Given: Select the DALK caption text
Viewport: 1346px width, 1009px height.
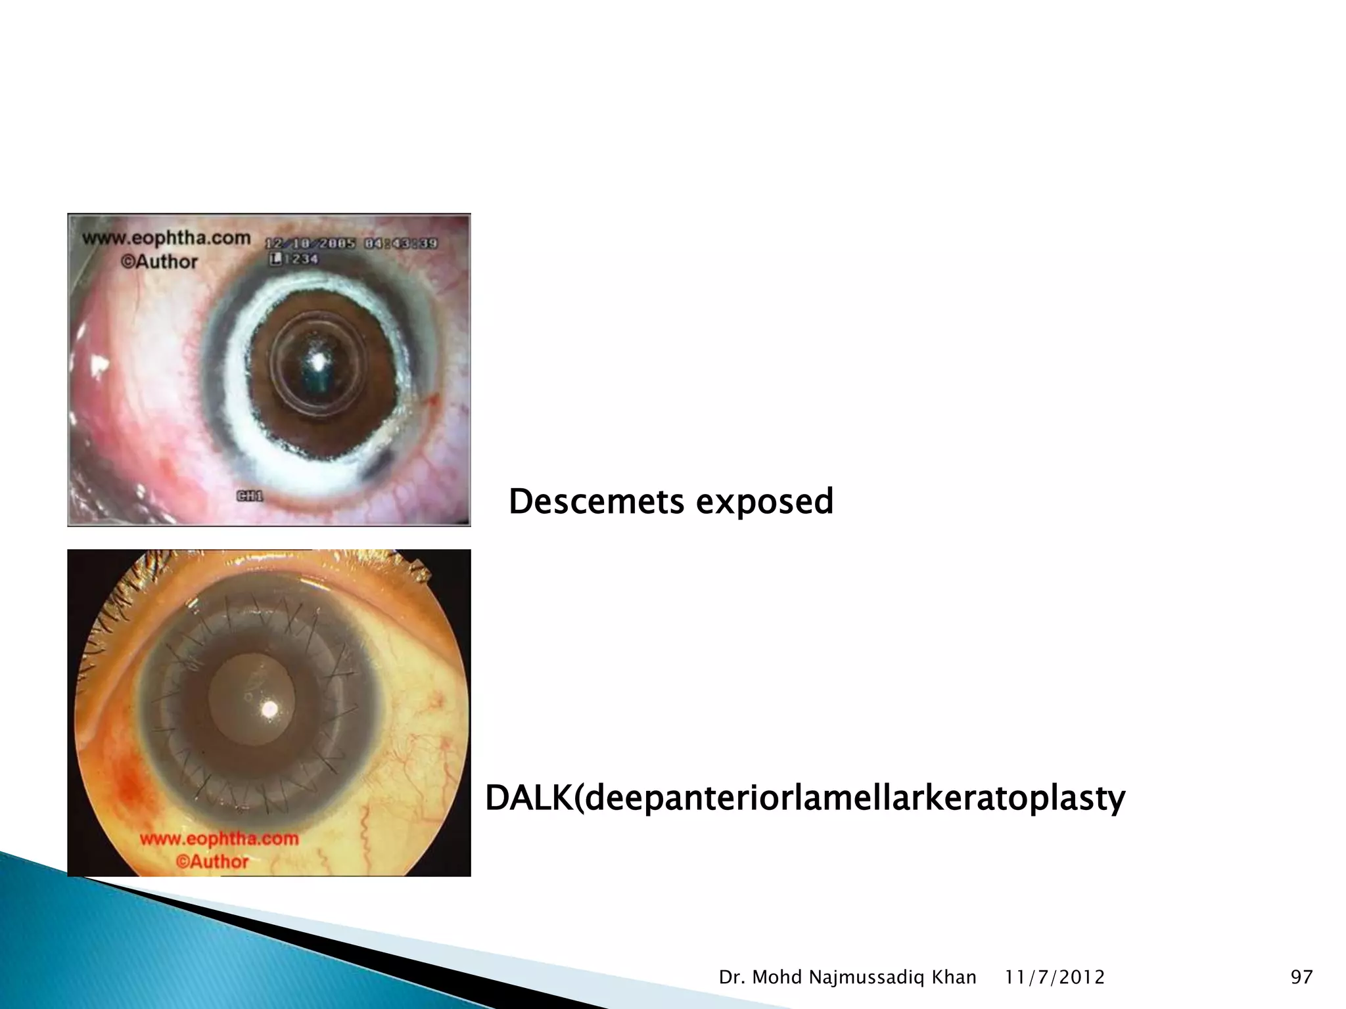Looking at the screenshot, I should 804,799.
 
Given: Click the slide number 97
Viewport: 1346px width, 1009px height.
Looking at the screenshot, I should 1301,977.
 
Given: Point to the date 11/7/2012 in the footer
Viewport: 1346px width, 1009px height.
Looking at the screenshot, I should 1055,977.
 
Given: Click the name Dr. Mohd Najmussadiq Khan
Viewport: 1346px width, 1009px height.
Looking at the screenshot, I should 847,977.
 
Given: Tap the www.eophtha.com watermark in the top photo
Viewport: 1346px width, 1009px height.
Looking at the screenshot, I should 166,238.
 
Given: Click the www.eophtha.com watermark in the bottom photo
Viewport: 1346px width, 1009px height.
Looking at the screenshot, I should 219,839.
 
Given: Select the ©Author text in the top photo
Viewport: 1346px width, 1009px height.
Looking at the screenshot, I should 158,261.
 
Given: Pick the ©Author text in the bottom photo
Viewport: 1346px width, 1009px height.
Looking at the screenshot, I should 212,861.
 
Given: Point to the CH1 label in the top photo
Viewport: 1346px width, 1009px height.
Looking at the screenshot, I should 249,496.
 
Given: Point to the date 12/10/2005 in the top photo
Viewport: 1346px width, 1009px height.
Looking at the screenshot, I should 310,243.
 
